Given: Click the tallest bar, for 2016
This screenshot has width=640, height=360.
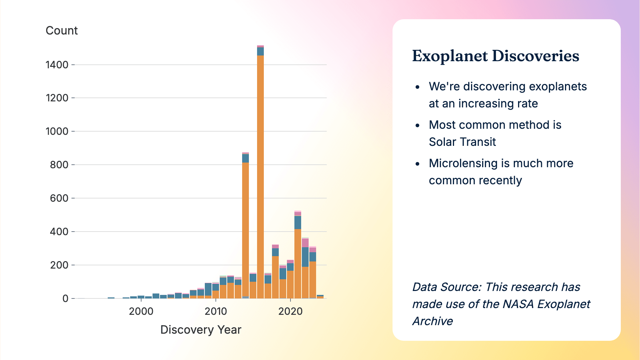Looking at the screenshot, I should coord(260,178).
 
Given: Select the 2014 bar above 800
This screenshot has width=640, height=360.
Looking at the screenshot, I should coord(245,228).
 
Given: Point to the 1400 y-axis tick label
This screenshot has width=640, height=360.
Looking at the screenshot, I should coord(57,65).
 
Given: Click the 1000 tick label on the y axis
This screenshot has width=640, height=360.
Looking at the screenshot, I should coord(57,131).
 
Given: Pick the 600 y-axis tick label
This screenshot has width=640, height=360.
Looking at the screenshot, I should coord(59,198).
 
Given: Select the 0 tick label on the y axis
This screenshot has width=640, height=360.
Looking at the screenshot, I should coord(65,298).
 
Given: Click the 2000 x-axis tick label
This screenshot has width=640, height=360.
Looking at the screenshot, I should coord(141,311).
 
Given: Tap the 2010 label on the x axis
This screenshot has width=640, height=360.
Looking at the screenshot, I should coord(216,311).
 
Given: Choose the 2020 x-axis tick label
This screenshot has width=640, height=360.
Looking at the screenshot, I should coord(290,311).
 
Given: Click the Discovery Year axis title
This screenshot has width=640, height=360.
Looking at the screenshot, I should coord(201,330).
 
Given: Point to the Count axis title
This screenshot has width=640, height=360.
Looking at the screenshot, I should coord(62,31).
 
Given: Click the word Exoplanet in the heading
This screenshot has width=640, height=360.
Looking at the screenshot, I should coord(450,56).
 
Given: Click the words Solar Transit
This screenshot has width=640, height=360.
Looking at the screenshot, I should coord(462,142).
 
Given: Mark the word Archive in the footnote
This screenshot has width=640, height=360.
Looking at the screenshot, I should coord(433,321).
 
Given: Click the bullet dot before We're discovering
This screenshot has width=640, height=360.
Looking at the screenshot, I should coord(417,87).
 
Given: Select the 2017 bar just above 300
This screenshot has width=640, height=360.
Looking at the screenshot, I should coord(275,274).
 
